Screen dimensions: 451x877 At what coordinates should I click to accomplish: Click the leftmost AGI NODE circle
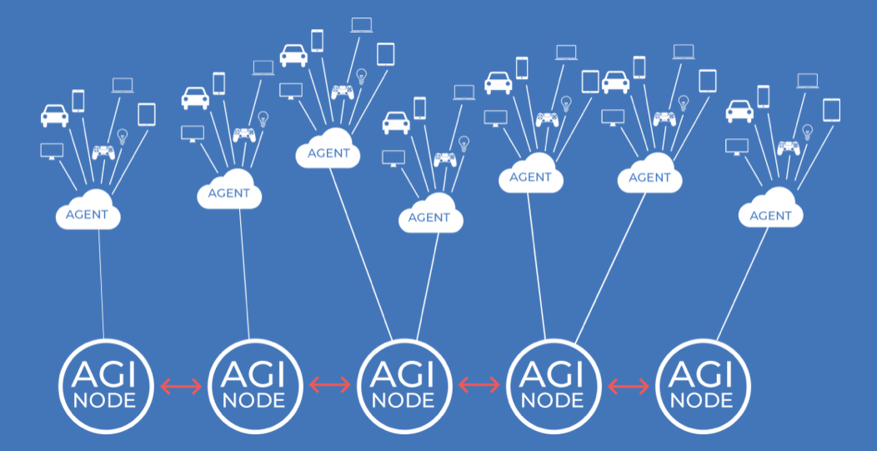(x=105, y=386)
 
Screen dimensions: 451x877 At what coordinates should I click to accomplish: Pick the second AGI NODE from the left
(x=254, y=386)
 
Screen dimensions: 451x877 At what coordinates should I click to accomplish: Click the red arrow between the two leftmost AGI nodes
(x=180, y=386)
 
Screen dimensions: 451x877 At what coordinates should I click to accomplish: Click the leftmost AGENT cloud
(x=88, y=213)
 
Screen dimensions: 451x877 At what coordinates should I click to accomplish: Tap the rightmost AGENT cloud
(x=770, y=214)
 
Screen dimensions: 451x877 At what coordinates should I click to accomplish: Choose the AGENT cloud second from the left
(x=229, y=193)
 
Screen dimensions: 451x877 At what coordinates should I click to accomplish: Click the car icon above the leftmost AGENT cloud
(x=54, y=115)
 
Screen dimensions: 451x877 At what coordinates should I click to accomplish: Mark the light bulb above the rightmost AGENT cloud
(x=807, y=132)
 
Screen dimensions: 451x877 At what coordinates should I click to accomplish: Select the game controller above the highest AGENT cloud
(x=343, y=91)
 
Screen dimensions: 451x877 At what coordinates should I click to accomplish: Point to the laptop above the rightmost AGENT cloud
(x=807, y=81)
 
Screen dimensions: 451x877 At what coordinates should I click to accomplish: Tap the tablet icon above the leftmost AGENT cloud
(x=147, y=114)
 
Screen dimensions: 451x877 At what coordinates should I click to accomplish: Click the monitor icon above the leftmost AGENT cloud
(x=52, y=151)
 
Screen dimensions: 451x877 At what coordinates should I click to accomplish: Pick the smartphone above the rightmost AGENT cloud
(x=763, y=95)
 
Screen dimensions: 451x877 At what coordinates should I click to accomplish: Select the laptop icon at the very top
(x=361, y=24)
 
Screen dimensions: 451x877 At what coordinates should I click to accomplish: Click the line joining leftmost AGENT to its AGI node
(x=102, y=283)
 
